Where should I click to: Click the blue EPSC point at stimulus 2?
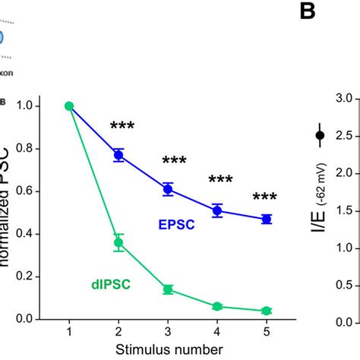(118, 155)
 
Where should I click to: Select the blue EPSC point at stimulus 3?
(168, 189)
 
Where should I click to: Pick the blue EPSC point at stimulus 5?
(267, 219)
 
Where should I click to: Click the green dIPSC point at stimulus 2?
(118, 243)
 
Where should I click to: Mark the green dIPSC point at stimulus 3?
(168, 289)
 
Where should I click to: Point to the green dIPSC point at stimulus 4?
(217, 306)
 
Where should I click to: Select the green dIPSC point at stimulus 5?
(267, 311)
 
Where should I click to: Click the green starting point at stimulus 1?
(69, 106)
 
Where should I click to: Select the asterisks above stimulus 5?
(265, 197)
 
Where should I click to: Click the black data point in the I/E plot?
(320, 135)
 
